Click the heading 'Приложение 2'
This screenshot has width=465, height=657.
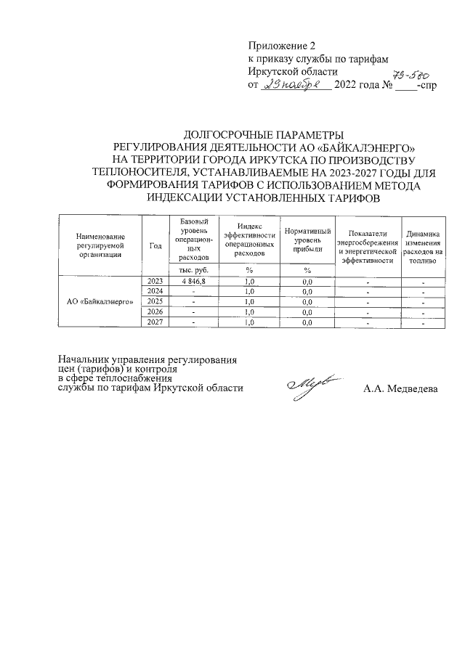[x=282, y=46]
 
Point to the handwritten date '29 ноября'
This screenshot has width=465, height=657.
[x=296, y=86]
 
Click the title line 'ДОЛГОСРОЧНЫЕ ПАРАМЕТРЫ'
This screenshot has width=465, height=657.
[x=262, y=134]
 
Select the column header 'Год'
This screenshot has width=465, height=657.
[x=155, y=245]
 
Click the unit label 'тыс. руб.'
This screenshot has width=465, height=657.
[x=193, y=270]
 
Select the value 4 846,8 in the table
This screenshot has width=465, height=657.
[x=193, y=281]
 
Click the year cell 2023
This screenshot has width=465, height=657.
[x=155, y=281]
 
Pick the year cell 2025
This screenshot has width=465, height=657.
[x=155, y=301]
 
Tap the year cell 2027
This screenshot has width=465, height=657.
[x=155, y=322]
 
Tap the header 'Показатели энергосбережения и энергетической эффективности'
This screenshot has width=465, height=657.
[x=368, y=245]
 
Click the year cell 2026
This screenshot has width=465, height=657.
[x=155, y=311]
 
